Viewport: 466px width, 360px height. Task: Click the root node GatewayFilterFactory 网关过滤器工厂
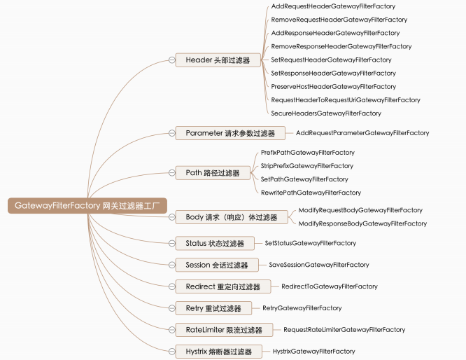pyautogui.click(x=87, y=206)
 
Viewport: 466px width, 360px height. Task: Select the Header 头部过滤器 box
pyautogui.click(x=218, y=60)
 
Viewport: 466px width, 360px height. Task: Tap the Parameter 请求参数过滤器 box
pyautogui.click(x=230, y=133)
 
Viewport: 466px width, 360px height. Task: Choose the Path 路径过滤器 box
pyautogui.click(x=212, y=172)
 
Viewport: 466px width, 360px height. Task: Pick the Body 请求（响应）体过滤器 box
pyautogui.click(x=231, y=217)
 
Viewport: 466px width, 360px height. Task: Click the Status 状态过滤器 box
pyautogui.click(x=215, y=244)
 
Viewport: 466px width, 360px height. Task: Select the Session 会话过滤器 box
pyautogui.click(x=216, y=265)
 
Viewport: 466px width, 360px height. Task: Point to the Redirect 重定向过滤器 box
pyautogui.click(x=223, y=287)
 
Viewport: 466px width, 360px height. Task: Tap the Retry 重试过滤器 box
pyautogui.click(x=213, y=308)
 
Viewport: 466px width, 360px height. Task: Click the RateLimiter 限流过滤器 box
pyautogui.click(x=224, y=330)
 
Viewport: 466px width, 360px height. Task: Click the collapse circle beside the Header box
pyautogui.click(x=171, y=60)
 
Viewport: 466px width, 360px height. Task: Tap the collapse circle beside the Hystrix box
pyautogui.click(x=171, y=352)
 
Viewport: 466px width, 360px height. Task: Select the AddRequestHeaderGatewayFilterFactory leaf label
pyautogui.click(x=332, y=6)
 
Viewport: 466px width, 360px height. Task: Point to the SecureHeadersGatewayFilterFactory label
pyautogui.click(x=325, y=113)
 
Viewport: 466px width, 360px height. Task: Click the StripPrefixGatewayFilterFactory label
pyautogui.click(x=306, y=166)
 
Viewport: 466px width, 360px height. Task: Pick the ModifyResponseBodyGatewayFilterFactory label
pyautogui.click(x=362, y=223)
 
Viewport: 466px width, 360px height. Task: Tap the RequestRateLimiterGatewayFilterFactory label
pyautogui.click(x=344, y=330)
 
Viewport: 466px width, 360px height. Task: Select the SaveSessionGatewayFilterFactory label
pyautogui.click(x=318, y=265)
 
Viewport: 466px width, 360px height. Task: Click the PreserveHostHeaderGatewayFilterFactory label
pyautogui.click(x=333, y=87)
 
